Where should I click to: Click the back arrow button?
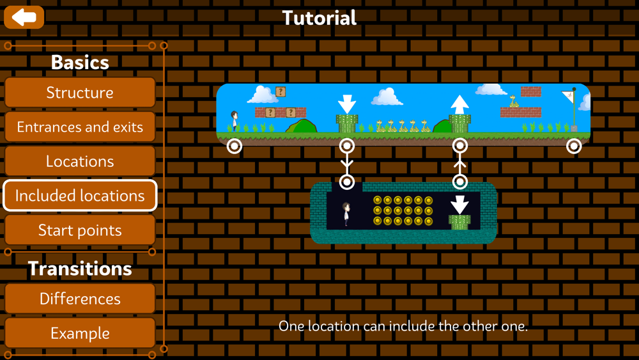coord(24,17)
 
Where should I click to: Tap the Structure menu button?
coord(80,93)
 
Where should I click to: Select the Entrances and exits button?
coord(80,127)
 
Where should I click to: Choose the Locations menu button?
coord(80,161)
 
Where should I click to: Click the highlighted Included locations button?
coord(80,196)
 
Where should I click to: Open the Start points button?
coord(80,230)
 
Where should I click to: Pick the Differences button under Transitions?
coord(80,299)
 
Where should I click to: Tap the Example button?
coord(80,333)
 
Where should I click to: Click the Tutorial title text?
coord(319,18)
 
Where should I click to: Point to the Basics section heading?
coord(80,63)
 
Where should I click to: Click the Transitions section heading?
coord(80,269)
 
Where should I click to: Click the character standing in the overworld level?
coord(235,121)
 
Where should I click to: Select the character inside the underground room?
coord(346,214)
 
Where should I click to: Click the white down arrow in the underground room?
coord(459,205)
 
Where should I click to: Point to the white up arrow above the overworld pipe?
coord(459,104)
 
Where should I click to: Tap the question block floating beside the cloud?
coord(281,91)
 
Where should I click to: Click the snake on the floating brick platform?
coord(514,101)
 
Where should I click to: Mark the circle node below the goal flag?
coord(574,146)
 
